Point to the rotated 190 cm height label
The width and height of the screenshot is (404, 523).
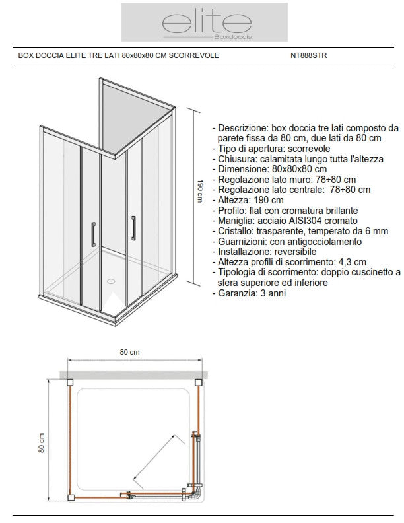pos(198,192)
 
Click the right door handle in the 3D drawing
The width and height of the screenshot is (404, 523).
pos(134,227)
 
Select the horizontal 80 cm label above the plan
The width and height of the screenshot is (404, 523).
pos(129,353)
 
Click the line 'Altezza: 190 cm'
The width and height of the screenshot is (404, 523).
pos(248,200)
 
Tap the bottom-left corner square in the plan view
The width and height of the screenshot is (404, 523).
pos(70,497)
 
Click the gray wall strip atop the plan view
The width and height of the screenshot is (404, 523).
pos(135,375)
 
